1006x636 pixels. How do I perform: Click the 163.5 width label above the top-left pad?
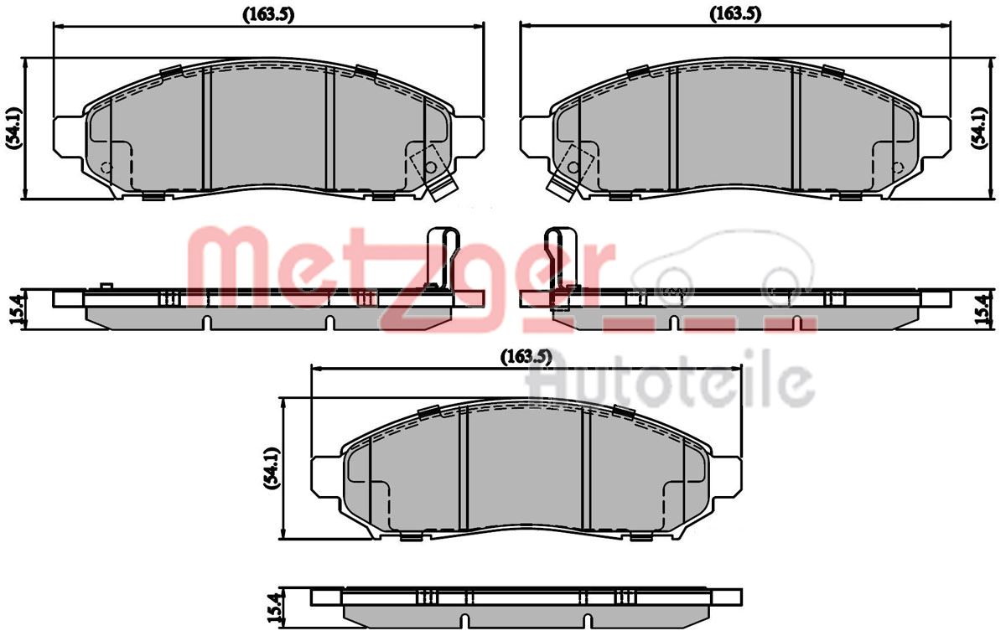click(x=268, y=15)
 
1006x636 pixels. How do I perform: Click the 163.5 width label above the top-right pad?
click(x=735, y=14)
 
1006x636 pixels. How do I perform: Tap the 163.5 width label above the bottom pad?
click(x=526, y=356)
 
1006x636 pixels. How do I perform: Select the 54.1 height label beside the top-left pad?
click(x=13, y=128)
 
